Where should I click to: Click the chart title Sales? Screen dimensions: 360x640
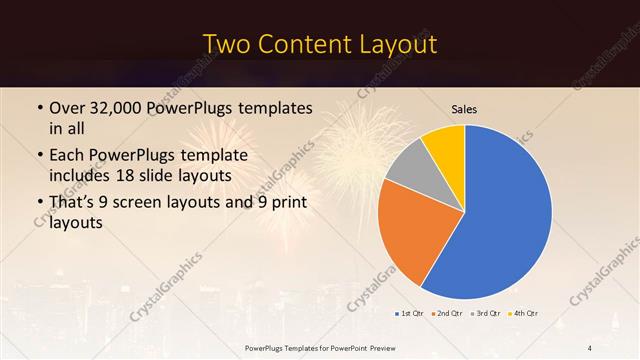click(x=465, y=108)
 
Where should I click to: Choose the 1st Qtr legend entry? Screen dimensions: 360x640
click(x=411, y=313)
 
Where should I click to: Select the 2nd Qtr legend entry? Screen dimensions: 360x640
click(x=447, y=313)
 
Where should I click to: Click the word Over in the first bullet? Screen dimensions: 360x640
click(x=67, y=108)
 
